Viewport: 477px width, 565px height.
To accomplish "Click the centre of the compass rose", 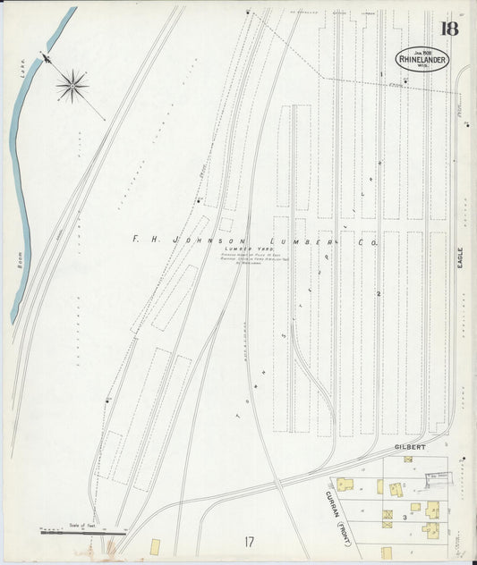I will [x=72, y=86].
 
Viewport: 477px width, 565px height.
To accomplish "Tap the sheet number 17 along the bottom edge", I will [x=247, y=541].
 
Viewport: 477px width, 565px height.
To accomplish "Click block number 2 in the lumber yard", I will [x=379, y=293].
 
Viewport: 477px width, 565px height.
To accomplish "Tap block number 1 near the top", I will [x=381, y=74].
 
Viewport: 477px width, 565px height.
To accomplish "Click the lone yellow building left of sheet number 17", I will [x=155, y=546].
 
